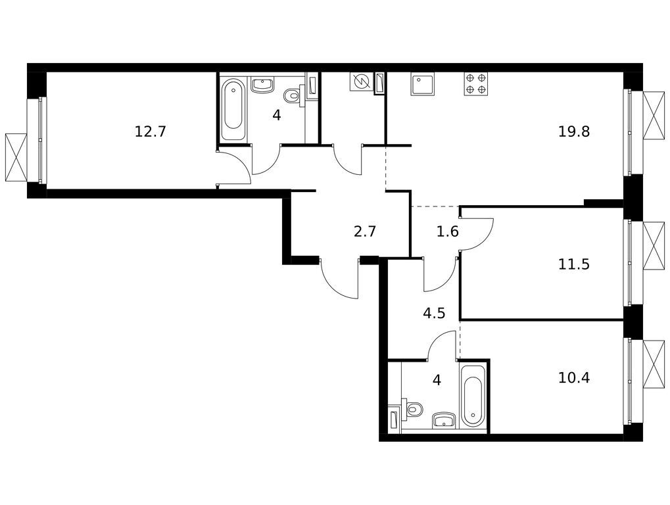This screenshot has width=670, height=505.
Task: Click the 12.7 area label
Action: [x=150, y=131]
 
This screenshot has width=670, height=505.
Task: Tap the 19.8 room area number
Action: [x=574, y=131]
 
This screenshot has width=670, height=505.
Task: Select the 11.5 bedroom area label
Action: [x=574, y=264]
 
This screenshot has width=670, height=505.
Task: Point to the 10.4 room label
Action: [x=574, y=377]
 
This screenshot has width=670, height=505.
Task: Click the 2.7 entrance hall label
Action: [x=364, y=231]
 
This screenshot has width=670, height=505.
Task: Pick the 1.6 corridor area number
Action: [x=447, y=231]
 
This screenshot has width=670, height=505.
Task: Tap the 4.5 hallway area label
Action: [x=434, y=314]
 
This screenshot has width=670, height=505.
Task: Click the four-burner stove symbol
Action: [x=475, y=84]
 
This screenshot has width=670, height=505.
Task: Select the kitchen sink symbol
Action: [x=422, y=84]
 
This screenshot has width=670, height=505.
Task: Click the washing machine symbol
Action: [x=361, y=82]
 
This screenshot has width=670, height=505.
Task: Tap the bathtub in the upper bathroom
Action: [x=233, y=109]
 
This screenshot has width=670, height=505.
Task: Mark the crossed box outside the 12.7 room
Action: [x=16, y=157]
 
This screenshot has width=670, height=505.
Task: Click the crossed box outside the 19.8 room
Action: [x=654, y=115]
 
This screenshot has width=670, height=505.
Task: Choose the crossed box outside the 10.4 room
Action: [x=654, y=364]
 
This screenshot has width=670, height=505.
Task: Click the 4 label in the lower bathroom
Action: [x=437, y=379]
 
